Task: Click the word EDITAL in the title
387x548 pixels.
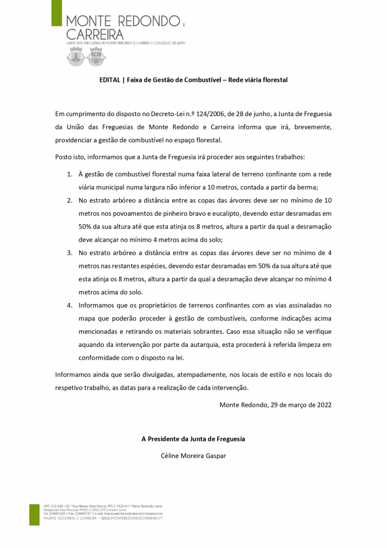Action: coord(110,80)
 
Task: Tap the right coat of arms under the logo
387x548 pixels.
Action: coord(96,56)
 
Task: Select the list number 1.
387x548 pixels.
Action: coord(69,174)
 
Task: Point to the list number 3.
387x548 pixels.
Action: coord(69,253)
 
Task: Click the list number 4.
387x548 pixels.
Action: coord(69,305)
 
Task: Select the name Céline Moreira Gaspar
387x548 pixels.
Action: coord(193,456)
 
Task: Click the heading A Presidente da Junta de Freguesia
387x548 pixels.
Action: coord(193,439)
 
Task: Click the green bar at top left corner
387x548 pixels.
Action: coord(56,13)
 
